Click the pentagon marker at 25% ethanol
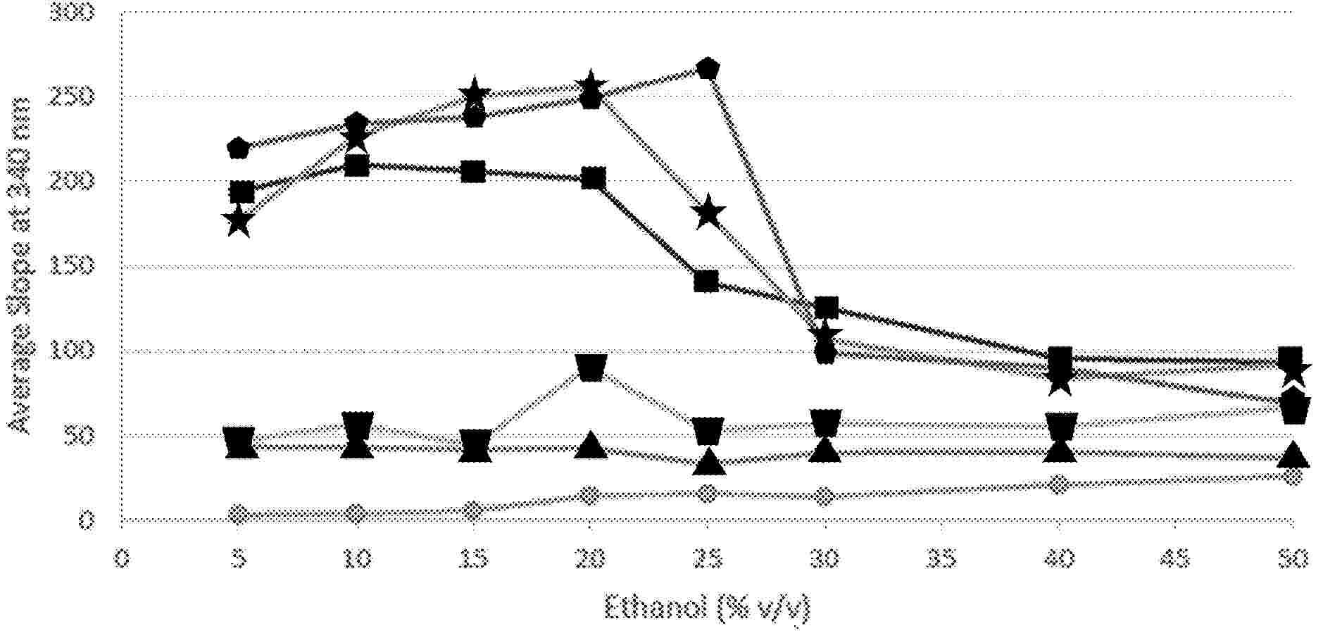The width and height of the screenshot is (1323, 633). pos(707,69)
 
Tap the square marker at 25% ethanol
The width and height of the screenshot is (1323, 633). pos(706,281)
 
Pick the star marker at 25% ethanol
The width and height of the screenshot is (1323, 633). pos(708,213)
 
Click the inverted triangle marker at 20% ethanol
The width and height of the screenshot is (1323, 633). pos(591,367)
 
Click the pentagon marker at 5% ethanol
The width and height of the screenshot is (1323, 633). pos(239,149)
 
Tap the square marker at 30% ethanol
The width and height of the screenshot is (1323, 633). pos(825,308)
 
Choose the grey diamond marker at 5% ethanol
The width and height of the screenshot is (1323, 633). pos(239,514)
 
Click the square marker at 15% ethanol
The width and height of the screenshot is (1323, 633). pos(473,172)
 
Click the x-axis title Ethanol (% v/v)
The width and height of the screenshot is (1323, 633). pos(707,608)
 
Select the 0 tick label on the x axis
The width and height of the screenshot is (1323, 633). pos(122,560)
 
